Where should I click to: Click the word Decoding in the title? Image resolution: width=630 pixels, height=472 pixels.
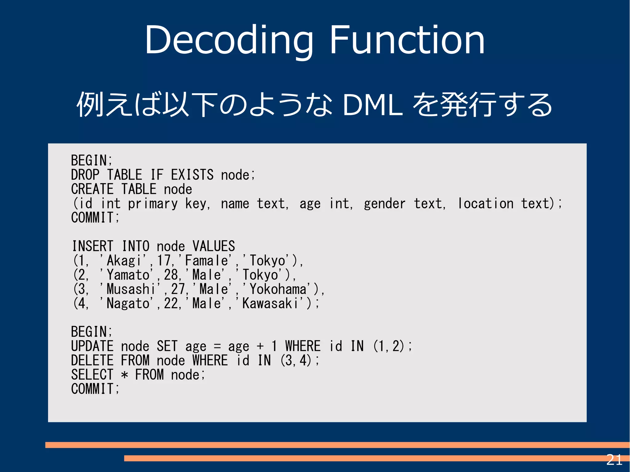click(229, 40)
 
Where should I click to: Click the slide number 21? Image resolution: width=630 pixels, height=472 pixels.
click(614, 460)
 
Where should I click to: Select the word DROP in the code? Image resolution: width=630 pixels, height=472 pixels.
click(85, 175)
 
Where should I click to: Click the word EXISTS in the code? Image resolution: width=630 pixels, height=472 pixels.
click(192, 175)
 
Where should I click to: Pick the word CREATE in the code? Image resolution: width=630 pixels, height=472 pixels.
click(92, 189)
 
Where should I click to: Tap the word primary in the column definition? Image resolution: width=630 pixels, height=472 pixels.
click(153, 204)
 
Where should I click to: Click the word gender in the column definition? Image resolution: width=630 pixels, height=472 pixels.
click(385, 204)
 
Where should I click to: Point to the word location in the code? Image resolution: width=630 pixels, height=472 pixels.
click(486, 204)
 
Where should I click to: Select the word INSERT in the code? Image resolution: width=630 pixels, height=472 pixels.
click(93, 246)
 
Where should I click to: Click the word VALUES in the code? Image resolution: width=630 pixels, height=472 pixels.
click(213, 246)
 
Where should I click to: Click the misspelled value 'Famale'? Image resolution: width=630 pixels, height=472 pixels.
click(206, 261)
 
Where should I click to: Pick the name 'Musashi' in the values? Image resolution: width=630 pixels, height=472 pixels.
click(130, 289)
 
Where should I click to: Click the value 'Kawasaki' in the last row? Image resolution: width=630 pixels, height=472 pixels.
click(270, 303)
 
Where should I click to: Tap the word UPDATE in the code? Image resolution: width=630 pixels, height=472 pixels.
click(92, 346)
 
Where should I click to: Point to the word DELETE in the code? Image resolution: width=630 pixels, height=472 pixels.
click(92, 360)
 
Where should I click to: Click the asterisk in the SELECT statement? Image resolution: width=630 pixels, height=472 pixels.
click(124, 375)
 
